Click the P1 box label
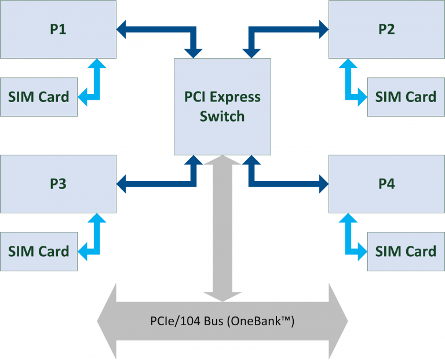tap(57, 29)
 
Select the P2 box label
tap(386, 29)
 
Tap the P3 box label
tap(57, 184)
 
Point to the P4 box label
tap(386, 184)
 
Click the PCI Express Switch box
tap(222, 106)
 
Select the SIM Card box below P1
tap(38, 97)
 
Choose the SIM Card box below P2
tap(406, 97)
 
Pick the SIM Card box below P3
tap(38, 251)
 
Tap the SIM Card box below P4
tap(406, 251)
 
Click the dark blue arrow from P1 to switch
tap(162, 28)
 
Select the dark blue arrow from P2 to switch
tap(284, 28)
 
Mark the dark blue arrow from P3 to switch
tap(162, 184)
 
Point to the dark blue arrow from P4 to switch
tap(284, 184)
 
